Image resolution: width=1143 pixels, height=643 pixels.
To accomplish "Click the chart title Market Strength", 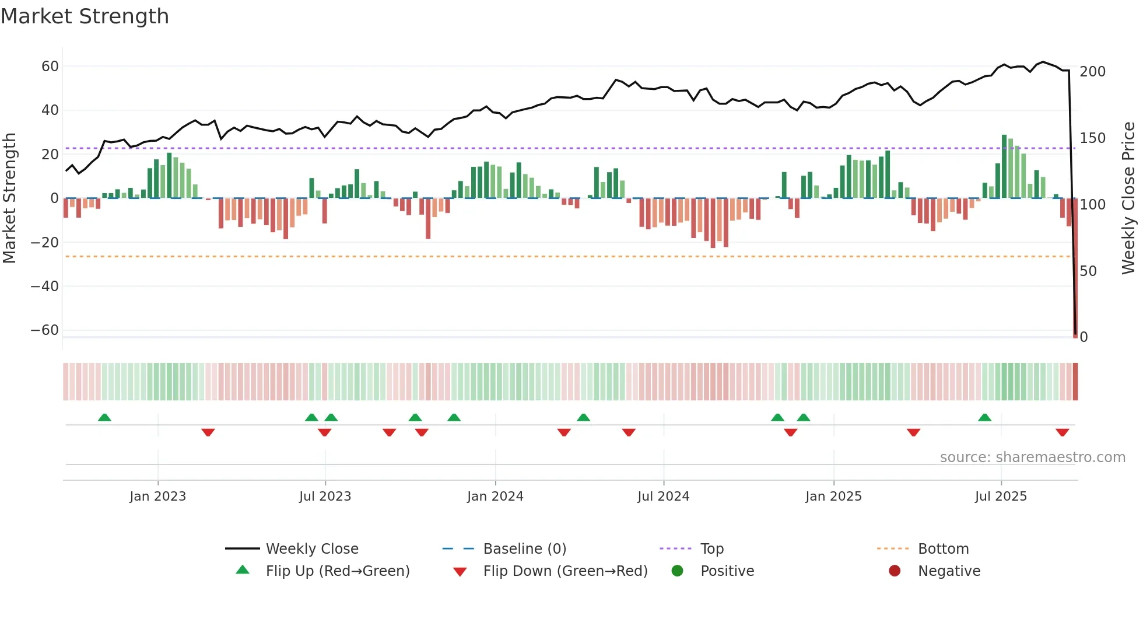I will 85,16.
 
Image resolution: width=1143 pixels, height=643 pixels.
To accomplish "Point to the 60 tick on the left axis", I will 50,67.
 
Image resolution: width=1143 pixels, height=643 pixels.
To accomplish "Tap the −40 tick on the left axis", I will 45,286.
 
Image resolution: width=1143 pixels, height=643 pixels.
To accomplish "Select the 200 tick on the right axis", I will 1092,72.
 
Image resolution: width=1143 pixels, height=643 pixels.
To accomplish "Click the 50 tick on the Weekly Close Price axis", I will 1088,271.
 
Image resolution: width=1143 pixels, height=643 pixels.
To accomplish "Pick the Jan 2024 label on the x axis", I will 495,497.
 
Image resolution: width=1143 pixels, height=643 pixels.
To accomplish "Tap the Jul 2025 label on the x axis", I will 1001,497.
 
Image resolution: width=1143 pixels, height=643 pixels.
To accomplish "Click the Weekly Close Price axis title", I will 1128,198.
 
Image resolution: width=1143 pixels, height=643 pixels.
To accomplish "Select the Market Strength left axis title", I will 9,198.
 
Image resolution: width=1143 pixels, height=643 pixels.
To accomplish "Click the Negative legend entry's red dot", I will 895,571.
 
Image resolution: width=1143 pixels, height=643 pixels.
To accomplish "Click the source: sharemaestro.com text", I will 1032,457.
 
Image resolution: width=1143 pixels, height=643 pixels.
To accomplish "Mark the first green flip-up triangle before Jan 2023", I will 104,418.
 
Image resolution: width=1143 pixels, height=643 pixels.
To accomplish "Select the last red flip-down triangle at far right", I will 1062,432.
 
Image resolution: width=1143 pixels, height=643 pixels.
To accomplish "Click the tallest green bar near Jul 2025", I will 1004,166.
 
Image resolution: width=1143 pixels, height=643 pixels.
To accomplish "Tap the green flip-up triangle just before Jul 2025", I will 984,418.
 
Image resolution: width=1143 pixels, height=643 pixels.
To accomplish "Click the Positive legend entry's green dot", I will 677,571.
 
